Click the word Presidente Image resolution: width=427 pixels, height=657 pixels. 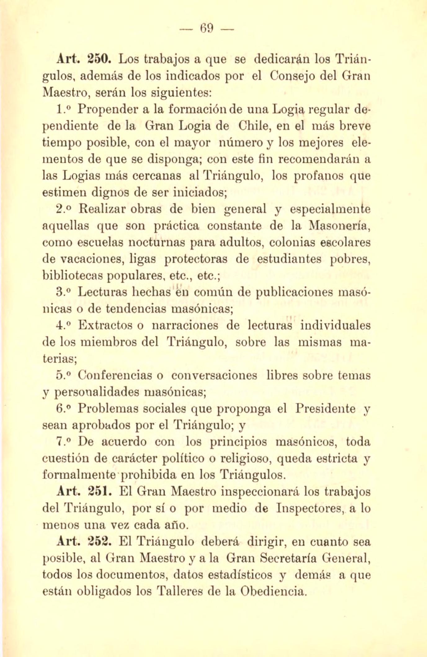325,409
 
